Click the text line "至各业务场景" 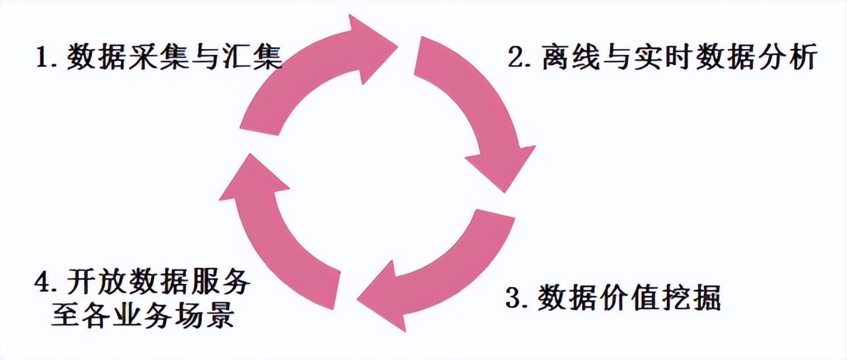[x=142, y=316]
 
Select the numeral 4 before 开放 [x=41, y=284]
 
